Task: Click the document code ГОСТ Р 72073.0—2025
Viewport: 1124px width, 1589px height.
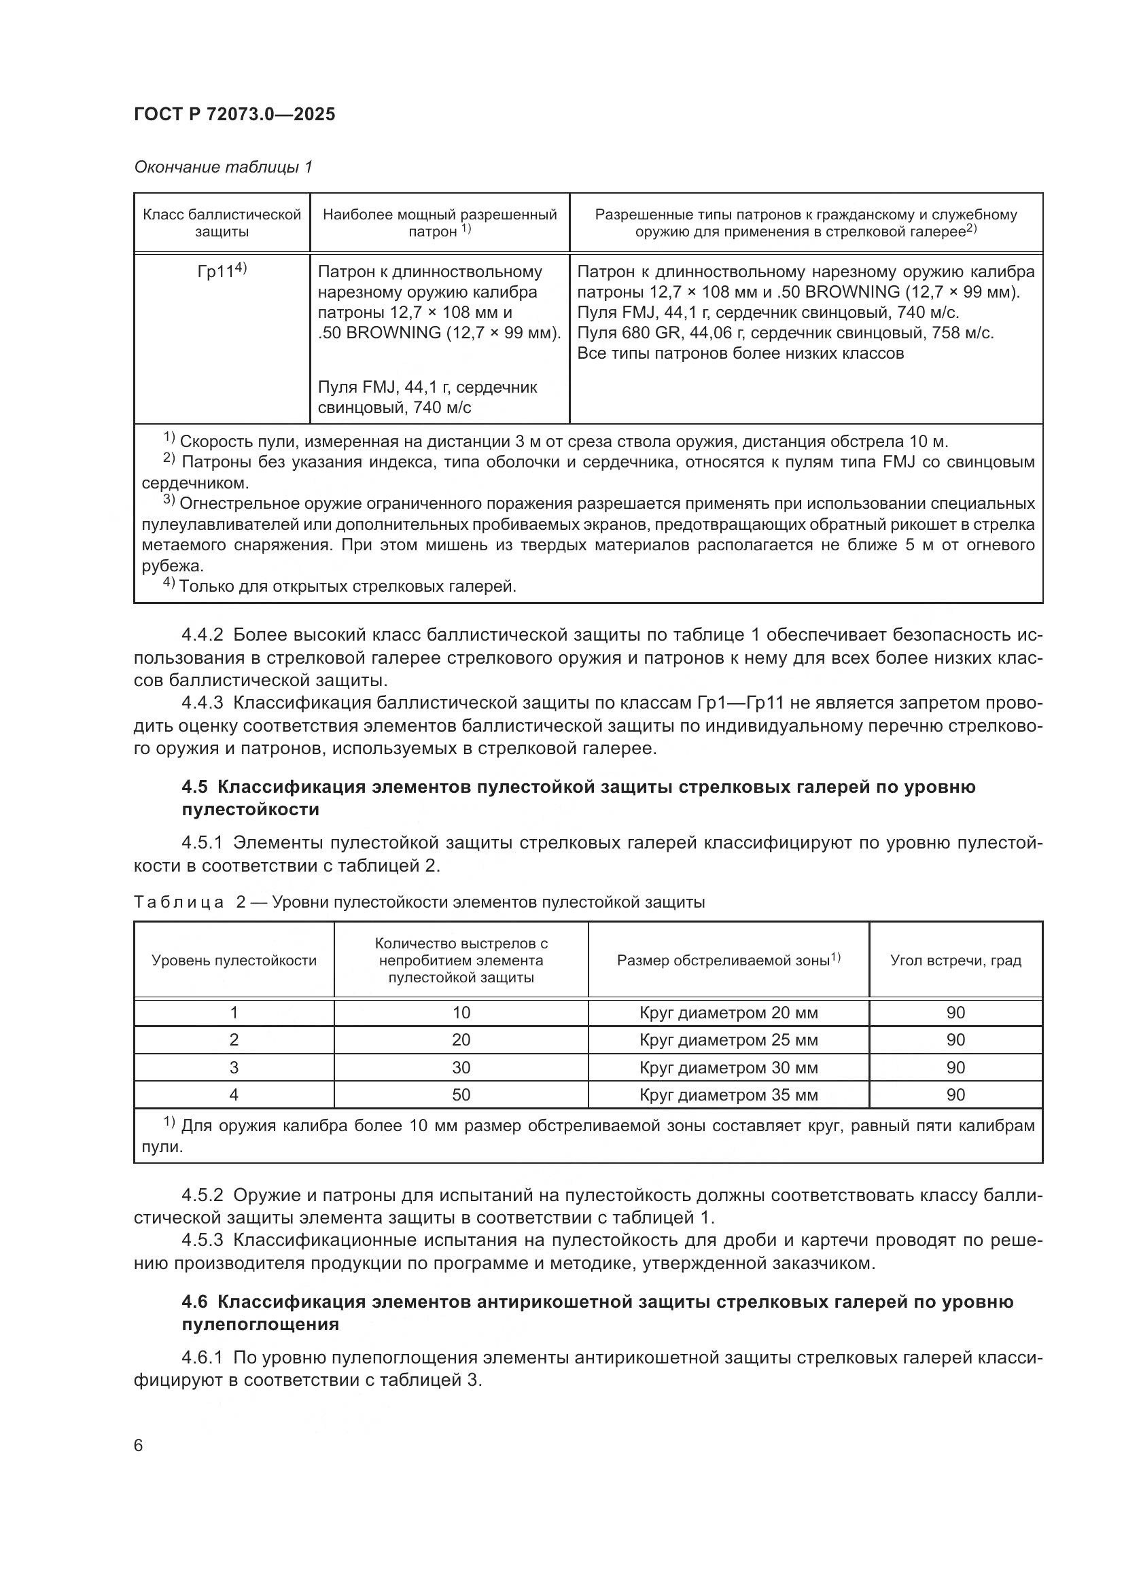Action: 234,114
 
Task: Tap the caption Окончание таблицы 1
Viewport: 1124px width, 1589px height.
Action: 223,167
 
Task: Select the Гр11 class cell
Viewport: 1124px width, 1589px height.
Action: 222,271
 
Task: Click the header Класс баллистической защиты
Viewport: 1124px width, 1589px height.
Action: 222,223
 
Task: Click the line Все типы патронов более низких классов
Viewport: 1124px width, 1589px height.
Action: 740,354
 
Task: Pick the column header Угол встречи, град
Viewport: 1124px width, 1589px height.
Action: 955,961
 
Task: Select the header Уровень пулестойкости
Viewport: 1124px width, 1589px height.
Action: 234,961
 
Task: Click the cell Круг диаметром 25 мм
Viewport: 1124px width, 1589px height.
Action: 728,1040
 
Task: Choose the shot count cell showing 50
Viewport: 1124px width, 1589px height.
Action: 461,1095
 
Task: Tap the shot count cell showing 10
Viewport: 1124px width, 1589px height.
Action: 461,1013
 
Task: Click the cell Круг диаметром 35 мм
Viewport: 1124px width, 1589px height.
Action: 728,1095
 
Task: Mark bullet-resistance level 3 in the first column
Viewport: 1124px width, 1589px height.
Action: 234,1068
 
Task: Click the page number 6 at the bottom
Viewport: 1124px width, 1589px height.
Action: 139,1446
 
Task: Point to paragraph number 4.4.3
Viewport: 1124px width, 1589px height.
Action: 202,703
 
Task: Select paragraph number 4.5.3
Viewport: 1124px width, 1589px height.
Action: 202,1240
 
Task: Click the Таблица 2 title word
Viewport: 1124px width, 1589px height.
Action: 179,902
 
